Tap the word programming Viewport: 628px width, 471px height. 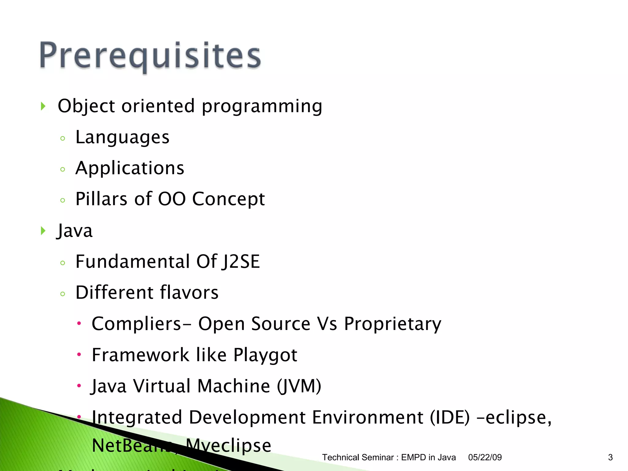click(262, 106)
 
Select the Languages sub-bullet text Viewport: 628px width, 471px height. click(122, 137)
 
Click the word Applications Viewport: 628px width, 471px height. click(130, 168)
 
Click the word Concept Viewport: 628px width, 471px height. click(228, 199)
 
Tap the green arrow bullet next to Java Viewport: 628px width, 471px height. click(43, 231)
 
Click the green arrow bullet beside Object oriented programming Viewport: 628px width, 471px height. click(43, 106)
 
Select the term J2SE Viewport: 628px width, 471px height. click(241, 262)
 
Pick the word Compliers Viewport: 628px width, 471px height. click(136, 324)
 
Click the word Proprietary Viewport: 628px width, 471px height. click(392, 324)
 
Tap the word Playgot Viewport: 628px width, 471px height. click(265, 355)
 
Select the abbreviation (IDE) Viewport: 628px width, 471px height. click(450, 417)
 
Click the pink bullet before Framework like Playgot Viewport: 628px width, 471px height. click(79, 354)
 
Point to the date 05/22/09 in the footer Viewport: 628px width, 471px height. click(485, 458)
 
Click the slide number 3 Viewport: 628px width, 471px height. click(610, 458)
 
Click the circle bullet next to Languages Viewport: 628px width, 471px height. click(63, 138)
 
